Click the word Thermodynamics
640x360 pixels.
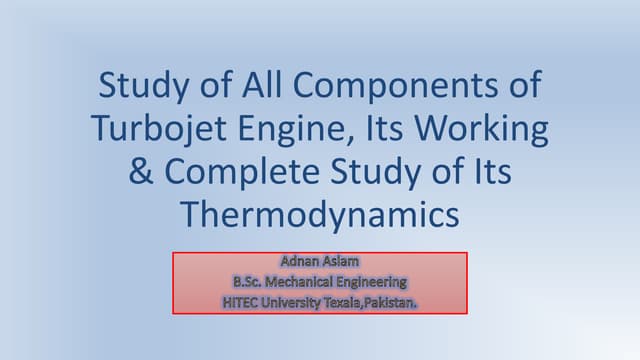pyautogui.click(x=319, y=214)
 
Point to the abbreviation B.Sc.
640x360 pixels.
pyautogui.click(x=250, y=280)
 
